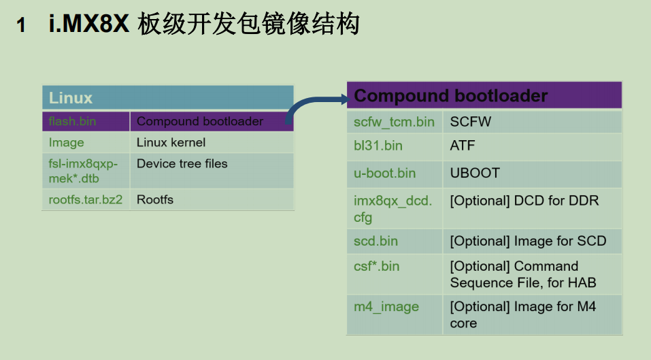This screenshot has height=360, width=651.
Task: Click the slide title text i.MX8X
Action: point(88,25)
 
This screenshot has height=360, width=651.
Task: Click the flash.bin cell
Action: point(73,122)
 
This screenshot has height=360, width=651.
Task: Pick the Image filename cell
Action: point(67,142)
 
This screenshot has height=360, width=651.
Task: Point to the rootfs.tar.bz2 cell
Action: point(85,199)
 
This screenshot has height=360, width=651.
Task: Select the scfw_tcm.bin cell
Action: point(394,122)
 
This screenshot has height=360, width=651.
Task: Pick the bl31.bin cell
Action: point(378,146)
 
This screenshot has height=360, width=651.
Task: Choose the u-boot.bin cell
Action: point(384,173)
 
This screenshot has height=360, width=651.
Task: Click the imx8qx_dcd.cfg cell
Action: point(393,209)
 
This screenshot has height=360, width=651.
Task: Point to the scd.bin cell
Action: point(376,241)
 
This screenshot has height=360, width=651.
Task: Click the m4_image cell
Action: point(386,307)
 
